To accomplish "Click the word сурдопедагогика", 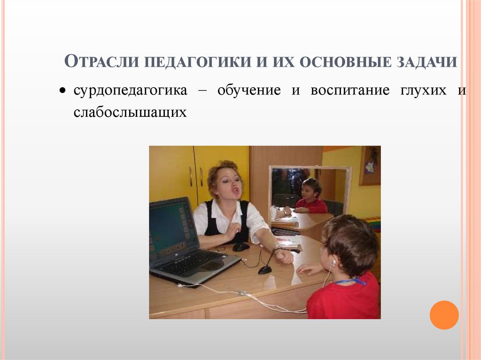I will pyautogui.click(x=130, y=91).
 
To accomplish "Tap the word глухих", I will pyautogui.click(x=424, y=91).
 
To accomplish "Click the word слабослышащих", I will pyautogui.click(x=130, y=113).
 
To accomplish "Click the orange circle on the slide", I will pyautogui.click(x=444, y=315).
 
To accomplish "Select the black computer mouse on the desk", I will pyautogui.click(x=241, y=246).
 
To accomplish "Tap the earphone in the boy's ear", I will pyautogui.click(x=333, y=263).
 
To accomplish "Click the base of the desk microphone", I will pyautogui.click(x=265, y=270).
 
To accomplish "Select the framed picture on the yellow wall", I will pyautogui.click(x=370, y=165).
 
